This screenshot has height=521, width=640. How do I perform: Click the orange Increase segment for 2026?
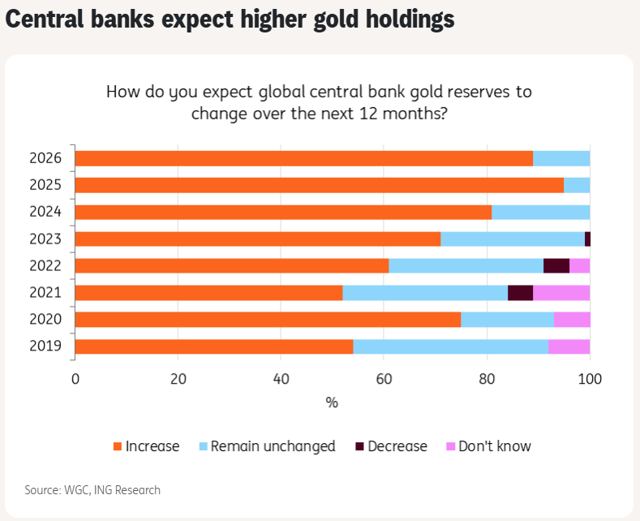click(304, 158)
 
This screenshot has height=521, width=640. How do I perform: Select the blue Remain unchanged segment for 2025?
click(577, 185)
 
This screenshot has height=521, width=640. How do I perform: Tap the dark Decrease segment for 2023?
click(587, 239)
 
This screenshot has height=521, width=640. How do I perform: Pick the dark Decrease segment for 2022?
click(556, 266)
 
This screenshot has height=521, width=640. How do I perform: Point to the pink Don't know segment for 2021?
click(561, 293)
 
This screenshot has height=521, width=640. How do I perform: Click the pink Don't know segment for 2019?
click(569, 347)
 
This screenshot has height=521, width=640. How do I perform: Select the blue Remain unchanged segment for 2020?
click(507, 320)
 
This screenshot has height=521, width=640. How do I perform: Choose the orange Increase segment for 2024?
click(283, 213)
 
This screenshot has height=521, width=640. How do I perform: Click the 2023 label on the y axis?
click(45, 239)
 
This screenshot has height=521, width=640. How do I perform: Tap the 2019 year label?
click(45, 346)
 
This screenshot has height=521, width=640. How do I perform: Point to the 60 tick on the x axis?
click(384, 379)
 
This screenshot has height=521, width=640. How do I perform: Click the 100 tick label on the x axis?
click(590, 379)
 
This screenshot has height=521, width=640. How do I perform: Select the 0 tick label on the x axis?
click(75, 379)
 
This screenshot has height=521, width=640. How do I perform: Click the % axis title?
click(332, 403)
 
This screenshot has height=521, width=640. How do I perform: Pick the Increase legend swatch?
click(118, 446)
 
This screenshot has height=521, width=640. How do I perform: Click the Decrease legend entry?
click(392, 446)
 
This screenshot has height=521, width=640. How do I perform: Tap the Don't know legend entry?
click(489, 446)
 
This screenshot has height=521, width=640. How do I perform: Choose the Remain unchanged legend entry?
click(268, 446)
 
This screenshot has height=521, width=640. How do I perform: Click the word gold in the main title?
click(336, 19)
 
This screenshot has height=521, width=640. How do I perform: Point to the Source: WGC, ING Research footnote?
click(92, 490)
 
